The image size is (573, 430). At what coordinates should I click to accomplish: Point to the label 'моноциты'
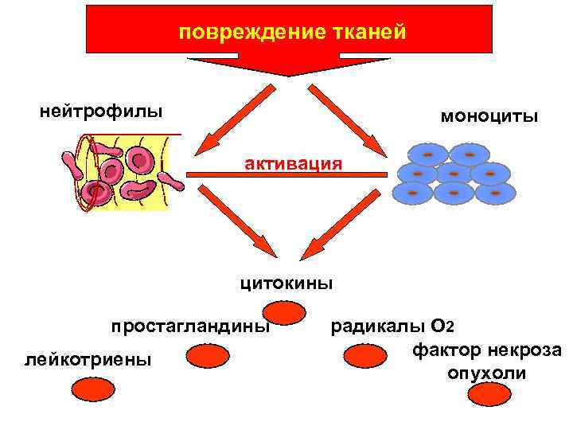coord(489,116)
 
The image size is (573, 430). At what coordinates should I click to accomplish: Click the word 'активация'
coord(294,164)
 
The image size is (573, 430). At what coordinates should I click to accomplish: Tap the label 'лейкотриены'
coord(88,360)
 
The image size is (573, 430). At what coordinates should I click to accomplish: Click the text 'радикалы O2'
coord(392,326)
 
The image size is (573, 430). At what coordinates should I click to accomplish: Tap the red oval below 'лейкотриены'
coord(94,389)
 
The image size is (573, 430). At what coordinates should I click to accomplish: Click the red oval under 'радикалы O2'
coord(365,355)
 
